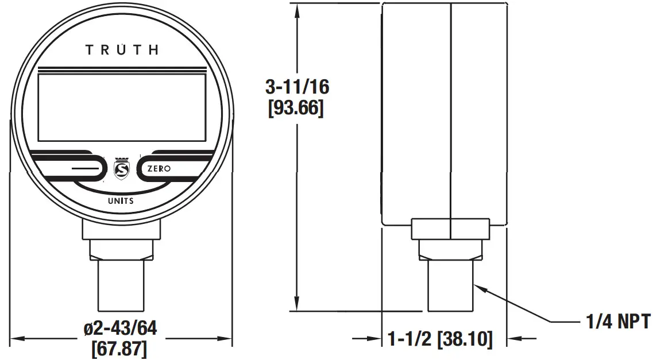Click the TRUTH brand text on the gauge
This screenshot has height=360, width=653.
[x=122, y=50]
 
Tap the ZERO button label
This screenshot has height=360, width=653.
[x=159, y=169]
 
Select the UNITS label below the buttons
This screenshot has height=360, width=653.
[x=121, y=201]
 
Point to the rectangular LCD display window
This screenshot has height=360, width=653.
[x=121, y=107]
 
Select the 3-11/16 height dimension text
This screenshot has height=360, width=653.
[x=296, y=87]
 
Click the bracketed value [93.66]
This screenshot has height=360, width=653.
[x=296, y=108]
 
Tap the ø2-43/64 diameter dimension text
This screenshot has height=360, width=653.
[x=121, y=328]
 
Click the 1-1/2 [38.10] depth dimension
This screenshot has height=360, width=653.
[x=440, y=339]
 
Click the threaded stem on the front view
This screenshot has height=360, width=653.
[x=121, y=284]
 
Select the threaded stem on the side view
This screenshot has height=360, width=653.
[x=450, y=284]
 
